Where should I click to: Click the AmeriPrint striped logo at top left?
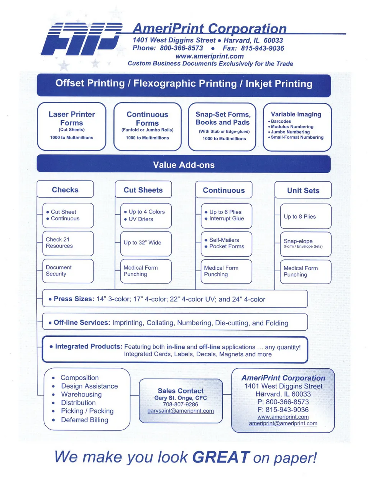81,39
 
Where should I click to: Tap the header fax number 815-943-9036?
262,48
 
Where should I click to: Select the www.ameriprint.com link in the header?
209,56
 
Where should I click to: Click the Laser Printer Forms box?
72,126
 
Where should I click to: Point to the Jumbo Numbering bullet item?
290,132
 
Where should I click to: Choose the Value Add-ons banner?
184,165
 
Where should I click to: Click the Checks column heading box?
65,190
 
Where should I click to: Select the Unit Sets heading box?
303,190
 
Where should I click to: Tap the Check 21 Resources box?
68,243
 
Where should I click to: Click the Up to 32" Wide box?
146,243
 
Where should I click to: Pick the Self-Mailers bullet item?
224,240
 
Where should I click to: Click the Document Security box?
68,271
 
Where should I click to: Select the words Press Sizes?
74,299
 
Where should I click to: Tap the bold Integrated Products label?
89,346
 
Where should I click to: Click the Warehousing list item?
81,394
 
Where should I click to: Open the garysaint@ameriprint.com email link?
181,411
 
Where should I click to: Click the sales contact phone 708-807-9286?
181,404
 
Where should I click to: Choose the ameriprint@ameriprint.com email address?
283,423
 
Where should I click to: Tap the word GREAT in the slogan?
221,457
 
